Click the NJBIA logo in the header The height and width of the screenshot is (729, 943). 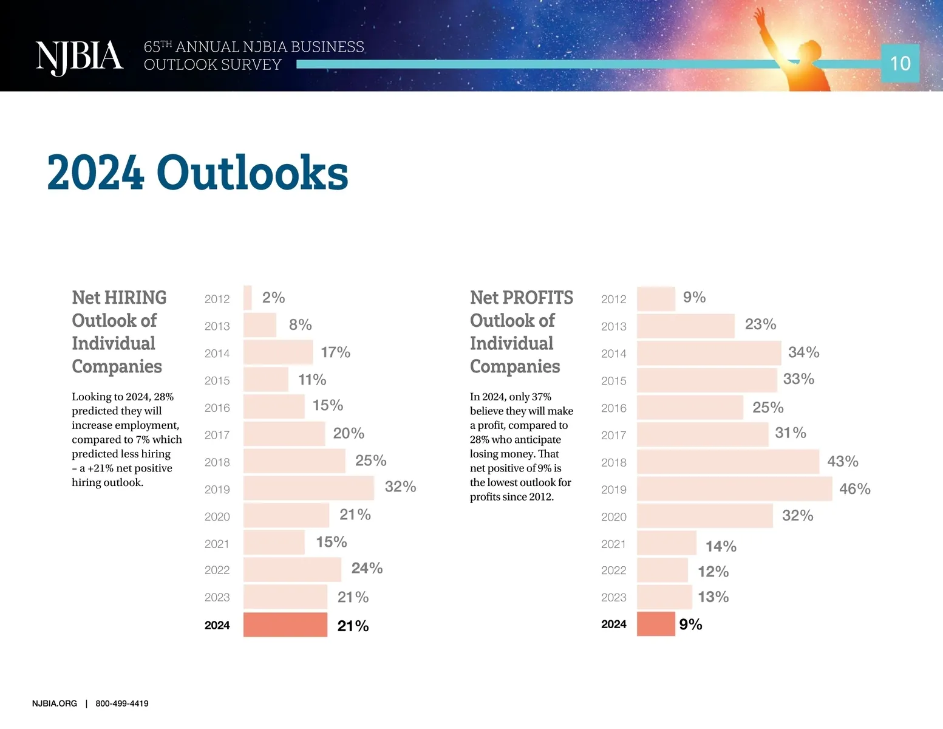pyautogui.click(x=79, y=58)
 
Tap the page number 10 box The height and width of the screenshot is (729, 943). pyautogui.click(x=900, y=63)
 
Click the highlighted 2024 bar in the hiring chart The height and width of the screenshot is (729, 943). pyautogui.click(x=285, y=625)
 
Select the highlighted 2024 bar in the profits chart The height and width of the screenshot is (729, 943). pyautogui.click(x=656, y=625)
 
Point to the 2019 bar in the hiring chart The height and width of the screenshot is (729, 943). pyautogui.click(x=308, y=488)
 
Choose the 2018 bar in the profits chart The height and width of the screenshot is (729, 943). pyautogui.click(x=727, y=462)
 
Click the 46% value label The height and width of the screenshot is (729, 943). pyautogui.click(x=854, y=489)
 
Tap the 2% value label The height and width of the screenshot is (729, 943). pyautogui.click(x=273, y=298)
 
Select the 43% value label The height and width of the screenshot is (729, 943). pyautogui.click(x=842, y=462)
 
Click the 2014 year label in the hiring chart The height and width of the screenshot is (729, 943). pyautogui.click(x=217, y=354)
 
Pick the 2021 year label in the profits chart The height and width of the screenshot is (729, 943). pyautogui.click(x=613, y=544)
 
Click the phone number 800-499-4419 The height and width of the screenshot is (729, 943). pyautogui.click(x=121, y=703)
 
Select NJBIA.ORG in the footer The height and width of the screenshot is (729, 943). pyautogui.click(x=55, y=703)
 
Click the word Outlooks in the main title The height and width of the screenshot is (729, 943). pyautogui.click(x=252, y=173)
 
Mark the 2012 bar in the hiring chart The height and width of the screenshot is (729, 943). pyautogui.click(x=247, y=298)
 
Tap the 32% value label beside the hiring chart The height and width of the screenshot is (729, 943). pyautogui.click(x=400, y=487)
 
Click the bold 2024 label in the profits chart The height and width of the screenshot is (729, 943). pyautogui.click(x=613, y=625)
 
